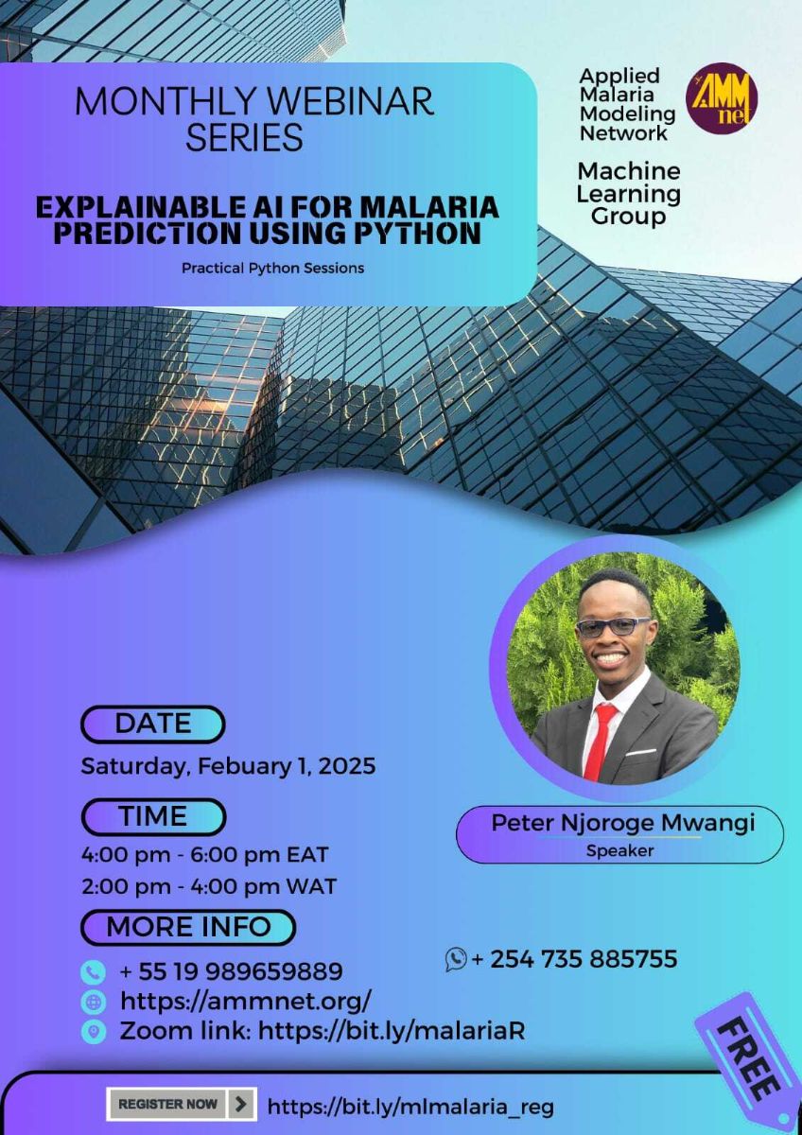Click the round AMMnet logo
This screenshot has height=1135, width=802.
tap(721, 98)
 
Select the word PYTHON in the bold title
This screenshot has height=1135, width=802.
tap(413, 233)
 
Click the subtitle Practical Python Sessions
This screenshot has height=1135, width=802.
tap(272, 268)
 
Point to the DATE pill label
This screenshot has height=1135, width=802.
tap(153, 725)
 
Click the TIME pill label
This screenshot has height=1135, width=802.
tap(153, 816)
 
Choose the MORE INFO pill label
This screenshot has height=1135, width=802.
tap(188, 927)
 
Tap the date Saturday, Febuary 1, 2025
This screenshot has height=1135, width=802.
tap(228, 765)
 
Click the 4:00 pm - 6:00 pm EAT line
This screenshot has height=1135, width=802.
tap(205, 855)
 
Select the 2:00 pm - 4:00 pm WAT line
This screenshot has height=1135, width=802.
tap(209, 887)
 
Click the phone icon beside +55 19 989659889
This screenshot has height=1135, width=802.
tap(93, 971)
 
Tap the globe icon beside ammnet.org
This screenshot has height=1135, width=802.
tap(94, 1002)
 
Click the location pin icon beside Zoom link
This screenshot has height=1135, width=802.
tap(93, 1031)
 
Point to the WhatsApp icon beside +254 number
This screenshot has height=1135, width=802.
tap(456, 959)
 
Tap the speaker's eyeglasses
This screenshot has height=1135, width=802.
tap(613, 626)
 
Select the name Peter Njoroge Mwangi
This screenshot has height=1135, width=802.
tap(622, 823)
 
